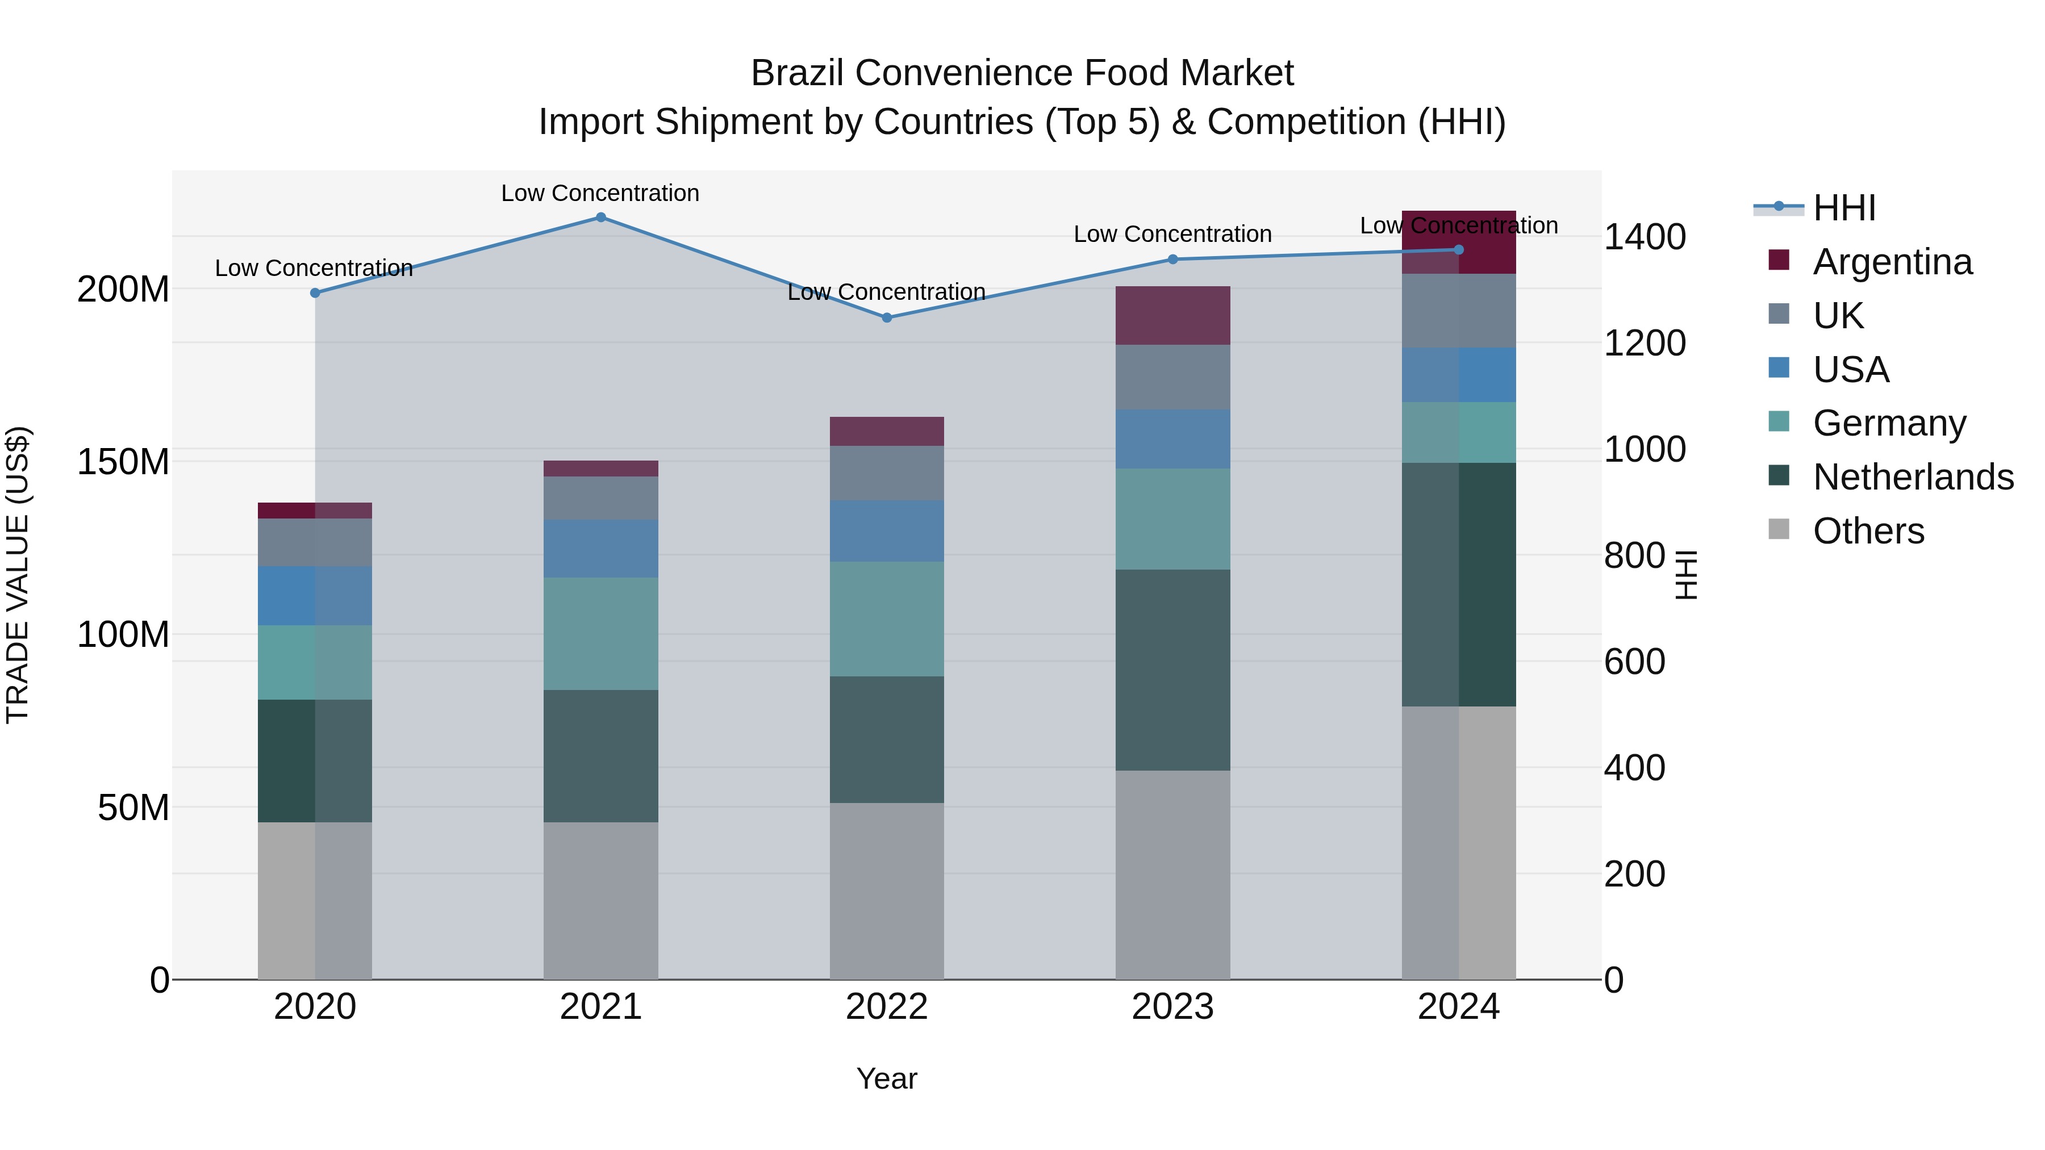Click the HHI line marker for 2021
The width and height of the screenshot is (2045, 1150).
[601, 218]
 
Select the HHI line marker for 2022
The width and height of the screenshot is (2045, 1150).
[887, 317]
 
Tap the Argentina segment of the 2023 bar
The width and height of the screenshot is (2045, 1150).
[1172, 315]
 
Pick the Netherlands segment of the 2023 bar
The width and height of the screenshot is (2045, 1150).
[1172, 670]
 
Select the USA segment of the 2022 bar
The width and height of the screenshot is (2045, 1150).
[887, 531]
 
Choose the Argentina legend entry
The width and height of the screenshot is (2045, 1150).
[1892, 262]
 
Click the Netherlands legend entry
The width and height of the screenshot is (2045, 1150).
[1913, 477]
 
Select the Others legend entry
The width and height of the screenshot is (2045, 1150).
[1868, 531]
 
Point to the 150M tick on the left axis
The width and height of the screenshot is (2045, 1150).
[123, 462]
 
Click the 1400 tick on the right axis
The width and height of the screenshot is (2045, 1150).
[1644, 236]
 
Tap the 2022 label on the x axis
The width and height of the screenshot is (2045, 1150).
[887, 1007]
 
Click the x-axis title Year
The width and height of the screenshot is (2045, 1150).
[887, 1078]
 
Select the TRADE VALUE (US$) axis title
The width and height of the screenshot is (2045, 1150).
[18, 575]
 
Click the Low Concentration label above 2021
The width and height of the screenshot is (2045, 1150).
[600, 193]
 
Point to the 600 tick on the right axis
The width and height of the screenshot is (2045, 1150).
[1634, 661]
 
